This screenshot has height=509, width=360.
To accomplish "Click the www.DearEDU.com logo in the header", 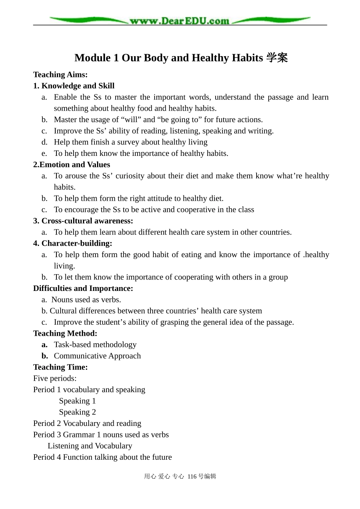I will (x=179, y=20).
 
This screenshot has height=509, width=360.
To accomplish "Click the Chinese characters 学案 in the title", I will (x=277, y=58).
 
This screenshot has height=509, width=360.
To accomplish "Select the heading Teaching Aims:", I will (x=60, y=75).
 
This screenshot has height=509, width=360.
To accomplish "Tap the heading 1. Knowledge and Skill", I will (x=74, y=86).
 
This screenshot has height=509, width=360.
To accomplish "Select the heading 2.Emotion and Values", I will (x=72, y=165).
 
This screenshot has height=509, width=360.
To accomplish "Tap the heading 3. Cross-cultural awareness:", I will (x=83, y=221).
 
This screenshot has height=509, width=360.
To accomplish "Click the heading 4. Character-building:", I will (x=72, y=244).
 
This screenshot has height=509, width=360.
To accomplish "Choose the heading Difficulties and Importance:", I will (x=83, y=289).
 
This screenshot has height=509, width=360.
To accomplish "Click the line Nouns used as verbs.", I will (x=86, y=300).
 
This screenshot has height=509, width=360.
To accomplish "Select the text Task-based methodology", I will (x=95, y=345).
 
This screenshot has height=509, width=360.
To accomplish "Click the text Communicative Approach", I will (x=97, y=356).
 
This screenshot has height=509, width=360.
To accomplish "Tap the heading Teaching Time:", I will (x=60, y=367).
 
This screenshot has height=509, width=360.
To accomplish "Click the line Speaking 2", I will (x=77, y=412).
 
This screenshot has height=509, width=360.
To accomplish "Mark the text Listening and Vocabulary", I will (x=90, y=446).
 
